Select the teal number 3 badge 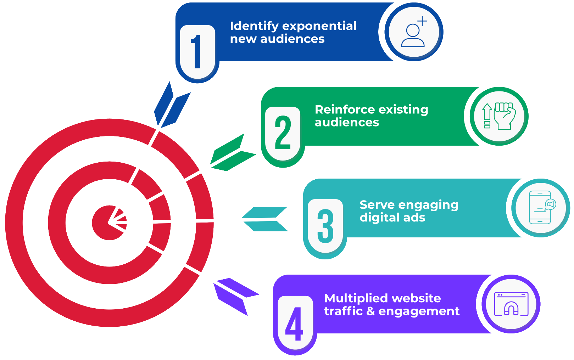pyautogui.click(x=325, y=226)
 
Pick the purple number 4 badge pyautogui.click(x=295, y=324)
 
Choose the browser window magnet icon pyautogui.click(x=511, y=304)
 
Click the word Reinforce pyautogui.click(x=340, y=109)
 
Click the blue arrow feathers pyautogui.click(x=172, y=105)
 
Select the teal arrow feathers pyautogui.click(x=265, y=219)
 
